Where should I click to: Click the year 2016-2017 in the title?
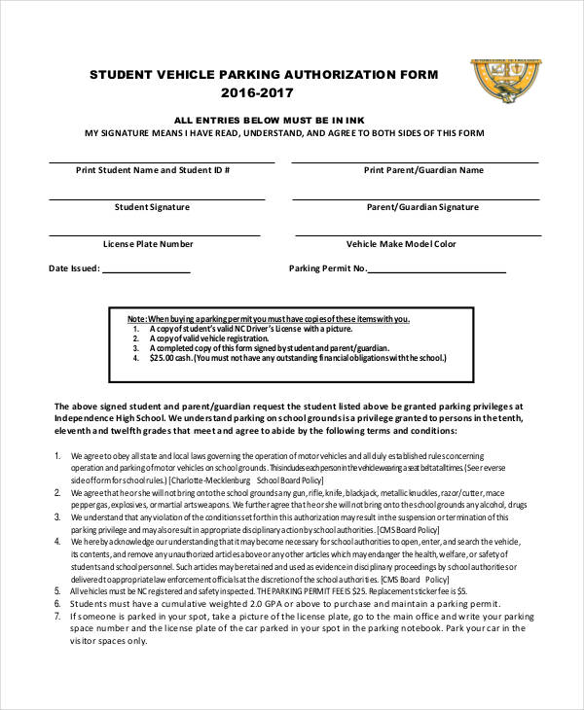click(256, 93)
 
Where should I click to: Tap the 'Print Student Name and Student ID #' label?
click(153, 169)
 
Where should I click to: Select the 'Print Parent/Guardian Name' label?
click(423, 169)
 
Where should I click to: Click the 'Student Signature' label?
click(153, 207)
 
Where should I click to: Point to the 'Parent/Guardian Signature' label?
click(423, 207)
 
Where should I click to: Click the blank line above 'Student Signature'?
click(162, 199)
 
